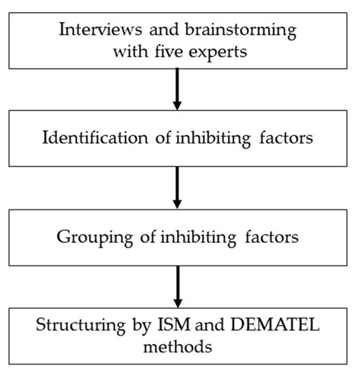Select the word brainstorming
[239, 33]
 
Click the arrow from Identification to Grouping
[178, 186]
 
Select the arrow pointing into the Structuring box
[178, 283]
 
